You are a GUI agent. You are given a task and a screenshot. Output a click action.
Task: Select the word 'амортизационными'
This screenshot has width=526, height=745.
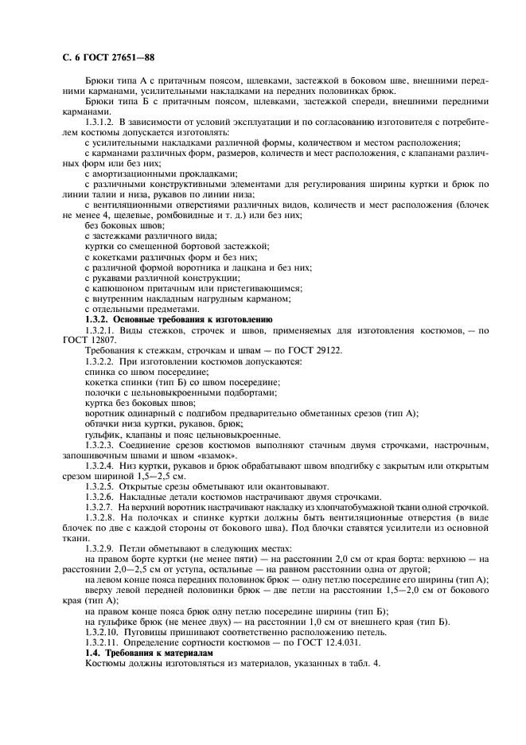(x=137, y=173)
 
